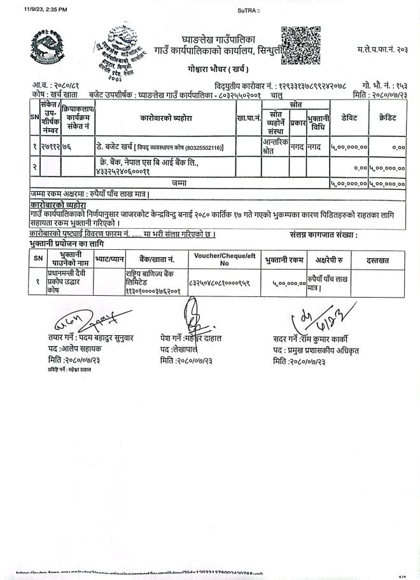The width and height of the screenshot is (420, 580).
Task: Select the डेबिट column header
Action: pos(349,117)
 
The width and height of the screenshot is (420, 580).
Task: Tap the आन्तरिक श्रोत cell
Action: pos(275,147)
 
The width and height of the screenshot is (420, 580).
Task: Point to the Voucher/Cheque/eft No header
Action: pos(224,259)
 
